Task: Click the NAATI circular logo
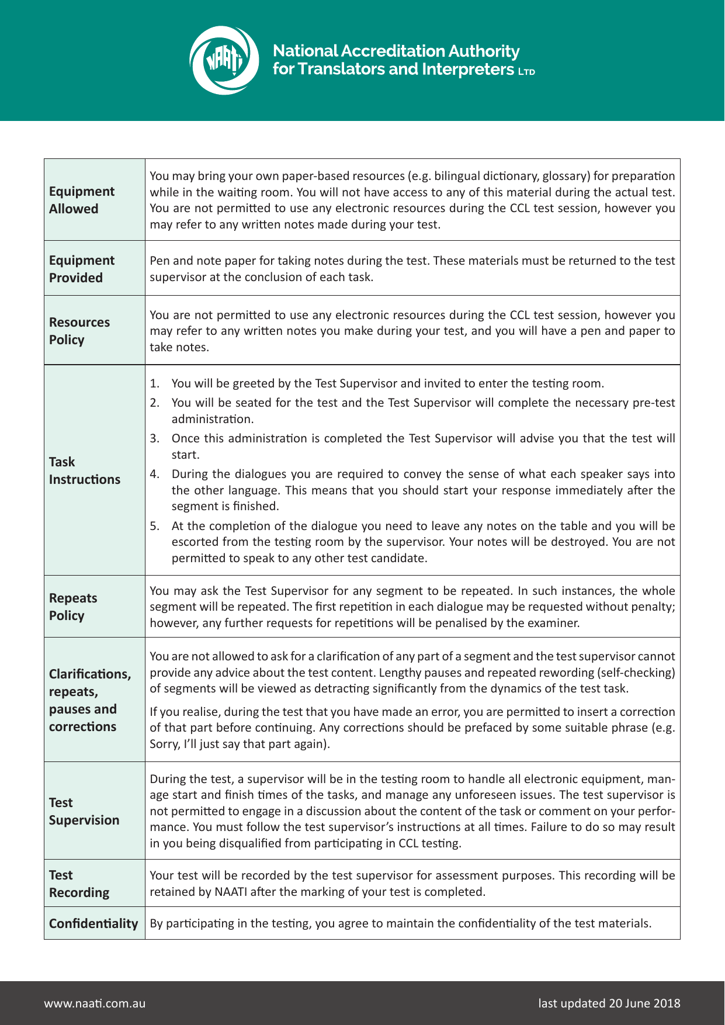(x=224, y=60)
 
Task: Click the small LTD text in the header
(x=526, y=72)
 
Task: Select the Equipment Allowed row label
(x=82, y=200)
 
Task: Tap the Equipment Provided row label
(x=82, y=269)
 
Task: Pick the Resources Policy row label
(x=79, y=331)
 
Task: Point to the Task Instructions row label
(x=84, y=470)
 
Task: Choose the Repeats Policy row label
(x=73, y=607)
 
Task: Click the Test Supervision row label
(x=84, y=811)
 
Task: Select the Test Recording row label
(x=79, y=884)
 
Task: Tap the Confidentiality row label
(x=93, y=923)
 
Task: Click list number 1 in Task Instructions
(x=154, y=384)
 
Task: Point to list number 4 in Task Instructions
(x=154, y=474)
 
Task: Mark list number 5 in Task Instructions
(x=154, y=526)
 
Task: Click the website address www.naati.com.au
(x=95, y=1003)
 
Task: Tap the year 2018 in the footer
(x=667, y=1003)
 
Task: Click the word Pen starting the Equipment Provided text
(x=159, y=261)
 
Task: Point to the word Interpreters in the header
(x=467, y=69)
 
